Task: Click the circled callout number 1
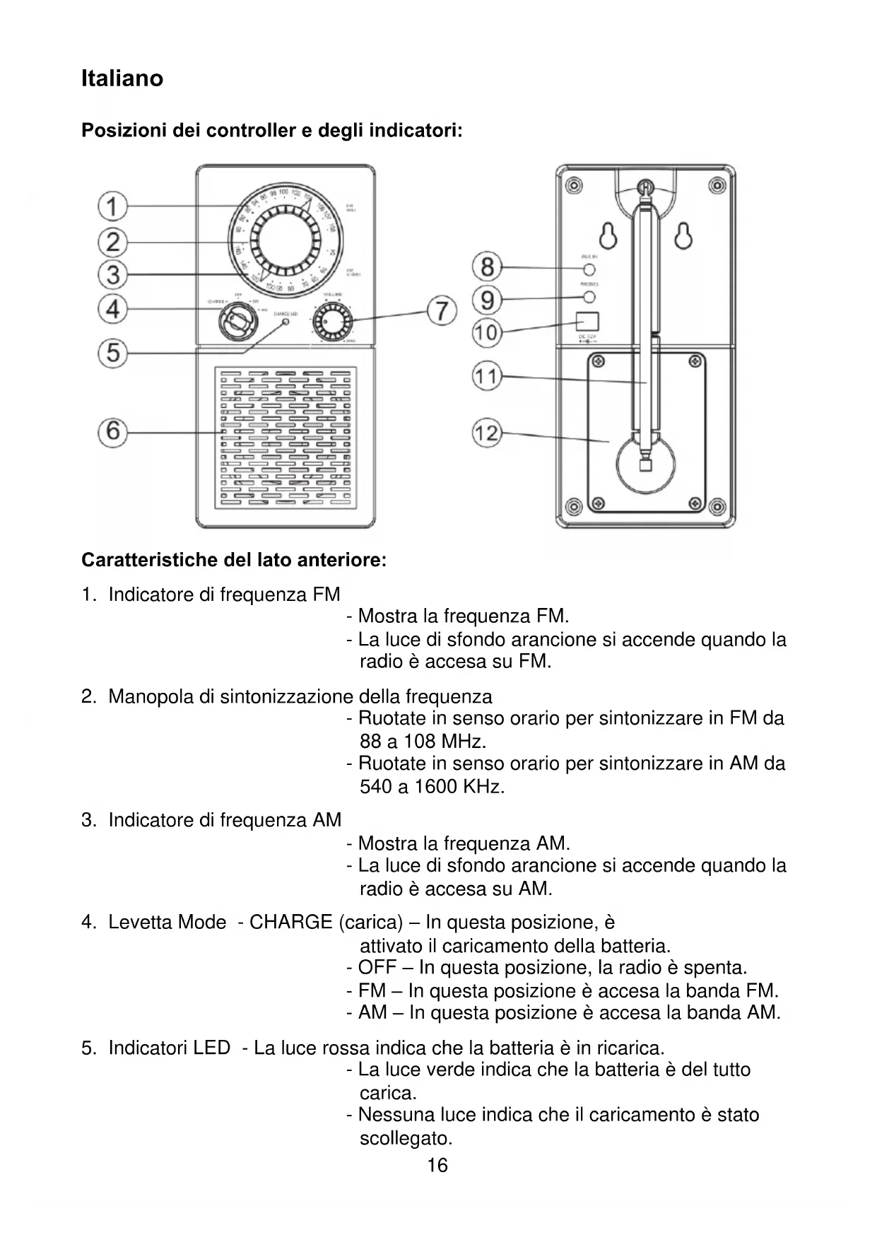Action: pos(112,206)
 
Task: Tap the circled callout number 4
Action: pos(112,309)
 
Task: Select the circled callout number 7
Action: pos(442,310)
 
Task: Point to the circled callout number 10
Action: pos(487,332)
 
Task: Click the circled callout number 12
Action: pos(487,433)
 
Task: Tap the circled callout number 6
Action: pos(112,431)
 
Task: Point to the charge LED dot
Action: pos(286,322)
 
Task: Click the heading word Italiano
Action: pos(122,78)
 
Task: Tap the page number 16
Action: pos(437,1166)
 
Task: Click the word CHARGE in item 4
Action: pos(290,923)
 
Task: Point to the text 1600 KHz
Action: pos(459,787)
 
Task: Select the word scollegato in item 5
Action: pos(406,1138)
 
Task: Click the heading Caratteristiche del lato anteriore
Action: pos(234,561)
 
